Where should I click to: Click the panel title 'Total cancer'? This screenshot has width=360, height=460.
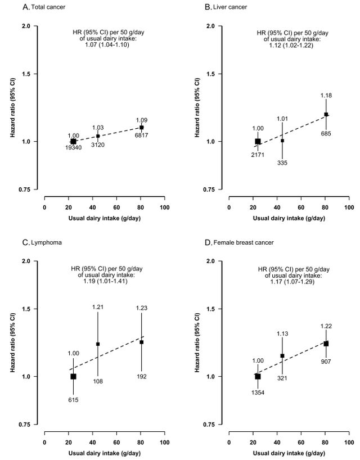click(48, 7)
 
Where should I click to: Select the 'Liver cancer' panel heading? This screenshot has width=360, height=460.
click(230, 7)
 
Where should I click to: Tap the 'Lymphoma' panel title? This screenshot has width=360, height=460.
click(46, 242)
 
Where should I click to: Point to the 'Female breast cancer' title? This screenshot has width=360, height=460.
click(244, 242)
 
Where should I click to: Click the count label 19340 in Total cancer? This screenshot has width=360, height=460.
click(73, 147)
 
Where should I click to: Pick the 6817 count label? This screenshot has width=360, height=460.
click(142, 135)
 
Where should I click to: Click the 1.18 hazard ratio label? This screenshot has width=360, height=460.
click(326, 96)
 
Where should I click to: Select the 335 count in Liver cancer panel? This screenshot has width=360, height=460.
click(282, 163)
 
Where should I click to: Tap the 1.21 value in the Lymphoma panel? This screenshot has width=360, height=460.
click(98, 307)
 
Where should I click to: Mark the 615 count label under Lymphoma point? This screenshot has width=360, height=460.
click(73, 400)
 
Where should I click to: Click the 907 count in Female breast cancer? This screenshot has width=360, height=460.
click(326, 362)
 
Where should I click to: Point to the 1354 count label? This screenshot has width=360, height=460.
click(258, 393)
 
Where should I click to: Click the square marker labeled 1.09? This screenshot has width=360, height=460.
click(142, 127)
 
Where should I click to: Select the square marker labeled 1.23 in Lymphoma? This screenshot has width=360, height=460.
click(142, 342)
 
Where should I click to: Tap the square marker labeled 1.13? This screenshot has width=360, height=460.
click(282, 356)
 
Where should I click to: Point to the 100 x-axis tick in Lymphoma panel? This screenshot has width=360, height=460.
click(165, 443)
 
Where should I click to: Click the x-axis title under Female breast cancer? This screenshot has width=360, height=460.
click(289, 453)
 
